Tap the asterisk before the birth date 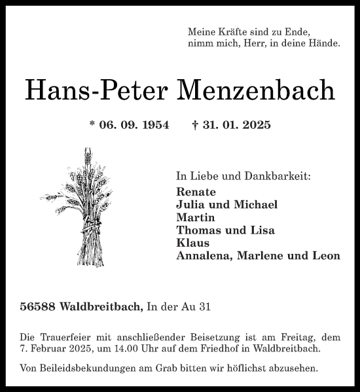[x=92, y=124]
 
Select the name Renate [x=196, y=192]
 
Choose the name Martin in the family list [x=196, y=217]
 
